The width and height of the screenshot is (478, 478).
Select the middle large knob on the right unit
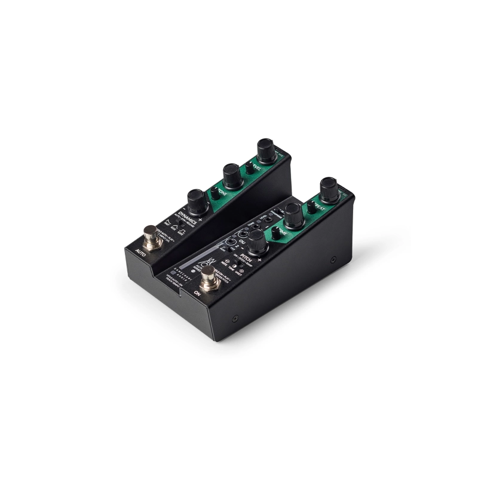[293, 215]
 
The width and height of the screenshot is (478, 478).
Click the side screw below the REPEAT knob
[333, 259]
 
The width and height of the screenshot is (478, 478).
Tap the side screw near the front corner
[235, 318]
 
